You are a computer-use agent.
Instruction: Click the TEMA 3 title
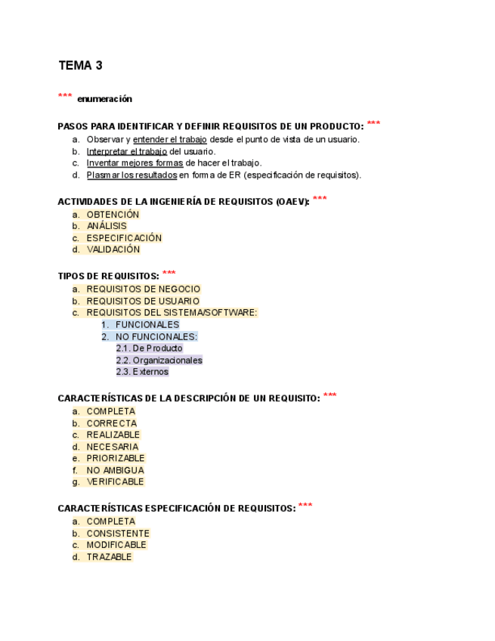80,66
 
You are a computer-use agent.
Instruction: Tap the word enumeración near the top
104,99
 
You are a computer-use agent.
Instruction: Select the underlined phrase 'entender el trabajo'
169,139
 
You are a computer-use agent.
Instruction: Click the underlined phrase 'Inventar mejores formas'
135,163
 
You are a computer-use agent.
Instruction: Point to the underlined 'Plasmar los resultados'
131,175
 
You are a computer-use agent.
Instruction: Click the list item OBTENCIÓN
113,215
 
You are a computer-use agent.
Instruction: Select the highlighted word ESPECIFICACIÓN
124,238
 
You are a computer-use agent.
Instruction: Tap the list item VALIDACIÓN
113,249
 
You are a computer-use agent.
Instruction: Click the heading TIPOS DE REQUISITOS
107,276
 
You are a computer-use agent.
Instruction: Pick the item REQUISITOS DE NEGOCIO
144,289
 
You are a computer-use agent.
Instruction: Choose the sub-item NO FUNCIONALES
156,336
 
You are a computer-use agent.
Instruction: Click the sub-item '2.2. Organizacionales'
159,361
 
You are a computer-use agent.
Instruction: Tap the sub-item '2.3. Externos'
142,372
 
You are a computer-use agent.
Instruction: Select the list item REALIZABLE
113,435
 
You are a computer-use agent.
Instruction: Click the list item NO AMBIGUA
115,470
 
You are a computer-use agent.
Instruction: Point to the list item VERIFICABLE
115,482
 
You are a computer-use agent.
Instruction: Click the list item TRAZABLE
109,557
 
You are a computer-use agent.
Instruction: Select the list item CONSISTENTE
118,533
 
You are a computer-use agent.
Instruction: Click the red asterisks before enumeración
65,97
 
